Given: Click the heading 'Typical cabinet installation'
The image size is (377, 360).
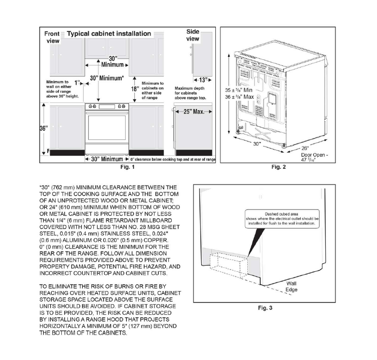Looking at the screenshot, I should pos(109,33).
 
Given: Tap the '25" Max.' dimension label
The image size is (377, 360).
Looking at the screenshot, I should pos(194,112).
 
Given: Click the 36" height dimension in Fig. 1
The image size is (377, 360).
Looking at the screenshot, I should pos(44,128).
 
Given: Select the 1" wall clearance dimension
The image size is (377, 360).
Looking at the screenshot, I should pos(77,82).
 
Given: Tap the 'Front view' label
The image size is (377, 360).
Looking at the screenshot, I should pos(53,37).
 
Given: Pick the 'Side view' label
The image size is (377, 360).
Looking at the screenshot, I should pos(193,35).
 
